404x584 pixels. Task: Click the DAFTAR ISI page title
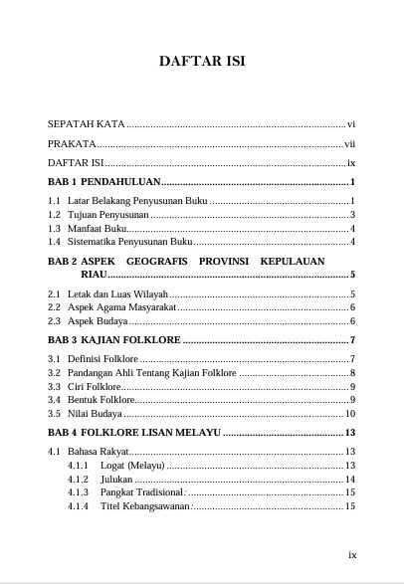pos(202,62)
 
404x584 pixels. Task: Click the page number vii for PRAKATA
pos(350,144)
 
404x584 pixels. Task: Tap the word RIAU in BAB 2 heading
pos(121,274)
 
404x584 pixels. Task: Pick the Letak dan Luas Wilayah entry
pos(118,294)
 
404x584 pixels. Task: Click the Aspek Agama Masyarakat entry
pos(122,307)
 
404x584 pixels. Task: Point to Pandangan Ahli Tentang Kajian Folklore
pos(152,373)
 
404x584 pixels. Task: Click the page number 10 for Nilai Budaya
pos(350,413)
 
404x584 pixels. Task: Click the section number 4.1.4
pos(79,506)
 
